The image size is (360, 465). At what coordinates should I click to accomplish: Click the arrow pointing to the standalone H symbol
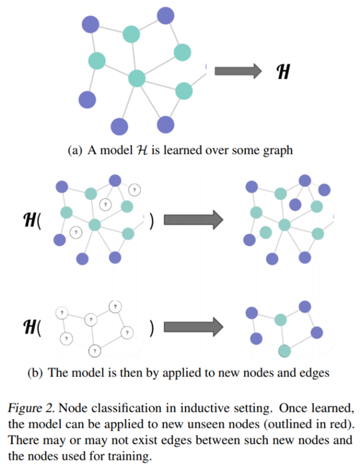(x=237, y=72)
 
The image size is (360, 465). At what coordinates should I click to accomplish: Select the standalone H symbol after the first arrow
(x=282, y=72)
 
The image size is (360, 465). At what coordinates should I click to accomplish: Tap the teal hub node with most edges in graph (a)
(x=136, y=78)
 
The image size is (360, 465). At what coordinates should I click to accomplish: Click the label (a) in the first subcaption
(x=76, y=150)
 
